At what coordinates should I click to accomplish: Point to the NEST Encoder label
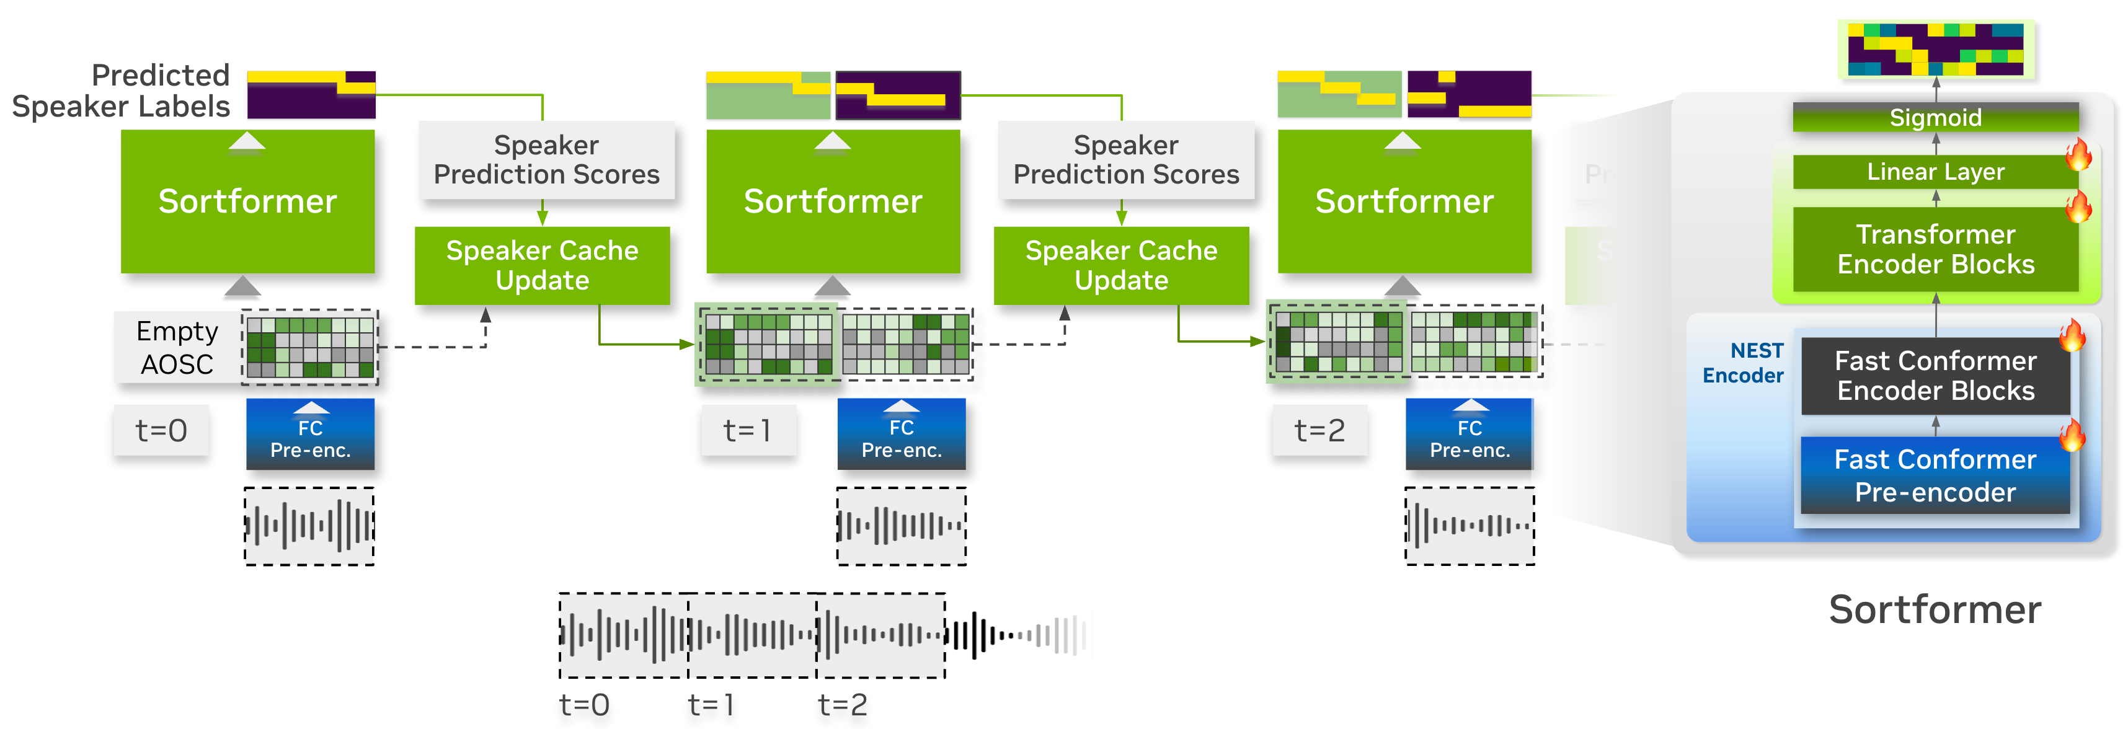[1743, 363]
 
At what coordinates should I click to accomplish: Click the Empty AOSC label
[177, 348]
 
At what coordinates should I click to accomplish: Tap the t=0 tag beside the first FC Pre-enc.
[161, 430]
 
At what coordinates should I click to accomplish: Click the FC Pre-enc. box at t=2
[1470, 435]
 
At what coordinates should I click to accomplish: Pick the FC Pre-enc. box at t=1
[902, 435]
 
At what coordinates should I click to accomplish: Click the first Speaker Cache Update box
[542, 265]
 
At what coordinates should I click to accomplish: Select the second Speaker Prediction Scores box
[1126, 160]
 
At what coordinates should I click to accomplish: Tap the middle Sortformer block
[833, 201]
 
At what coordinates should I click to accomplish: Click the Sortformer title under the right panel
[1935, 609]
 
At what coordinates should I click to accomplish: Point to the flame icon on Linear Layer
[2078, 154]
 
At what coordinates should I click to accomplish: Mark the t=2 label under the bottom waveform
[843, 705]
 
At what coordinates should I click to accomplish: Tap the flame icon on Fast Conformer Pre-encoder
[2072, 435]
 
